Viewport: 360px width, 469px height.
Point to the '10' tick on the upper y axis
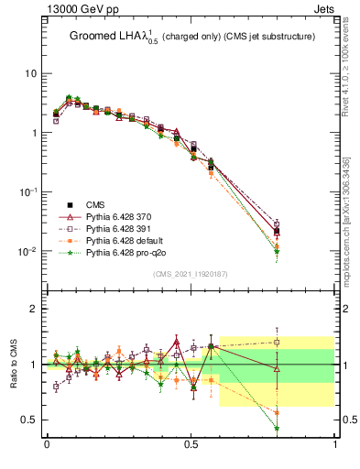click(x=30, y=73)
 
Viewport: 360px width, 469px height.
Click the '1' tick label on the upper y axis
click(x=33, y=133)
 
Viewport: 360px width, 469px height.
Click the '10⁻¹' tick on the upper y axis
click(x=28, y=191)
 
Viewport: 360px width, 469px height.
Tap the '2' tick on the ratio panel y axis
click(x=33, y=309)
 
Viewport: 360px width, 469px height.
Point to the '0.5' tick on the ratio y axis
click(x=28, y=420)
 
